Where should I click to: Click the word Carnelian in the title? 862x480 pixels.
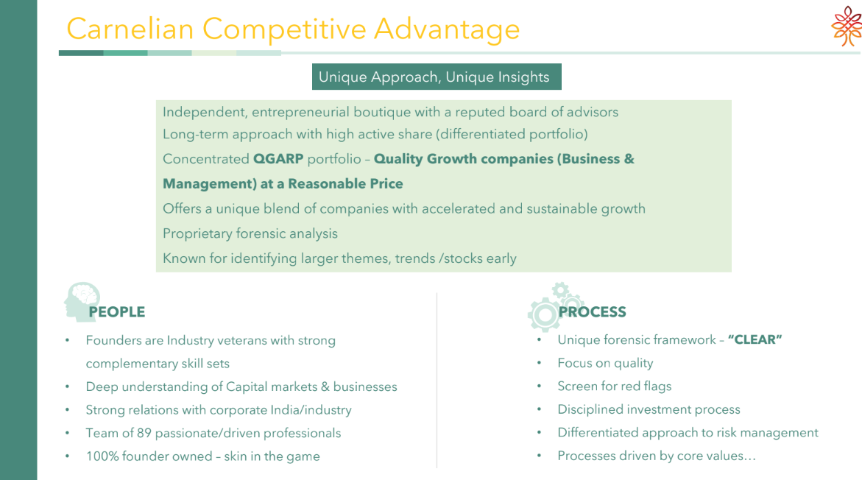click(x=130, y=29)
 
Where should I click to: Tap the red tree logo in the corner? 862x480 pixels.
click(x=847, y=26)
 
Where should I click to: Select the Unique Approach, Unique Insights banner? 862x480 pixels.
click(x=437, y=77)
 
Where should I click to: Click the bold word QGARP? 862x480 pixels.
click(x=278, y=159)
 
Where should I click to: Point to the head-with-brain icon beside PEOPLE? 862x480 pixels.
click(x=82, y=301)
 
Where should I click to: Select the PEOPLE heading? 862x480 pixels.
click(x=117, y=311)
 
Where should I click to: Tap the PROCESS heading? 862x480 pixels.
click(x=592, y=311)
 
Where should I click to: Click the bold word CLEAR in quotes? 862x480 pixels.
click(x=755, y=340)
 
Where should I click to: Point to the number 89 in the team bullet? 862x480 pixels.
click(x=144, y=434)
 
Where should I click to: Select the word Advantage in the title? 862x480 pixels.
click(x=447, y=29)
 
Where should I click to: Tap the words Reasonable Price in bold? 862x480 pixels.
click(x=345, y=183)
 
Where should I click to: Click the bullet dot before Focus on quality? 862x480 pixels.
click(x=540, y=364)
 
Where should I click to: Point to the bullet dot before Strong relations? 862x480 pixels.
click(x=67, y=410)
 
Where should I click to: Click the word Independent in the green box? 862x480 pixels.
click(x=205, y=112)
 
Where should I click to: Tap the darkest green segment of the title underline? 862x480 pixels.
click(x=81, y=53)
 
